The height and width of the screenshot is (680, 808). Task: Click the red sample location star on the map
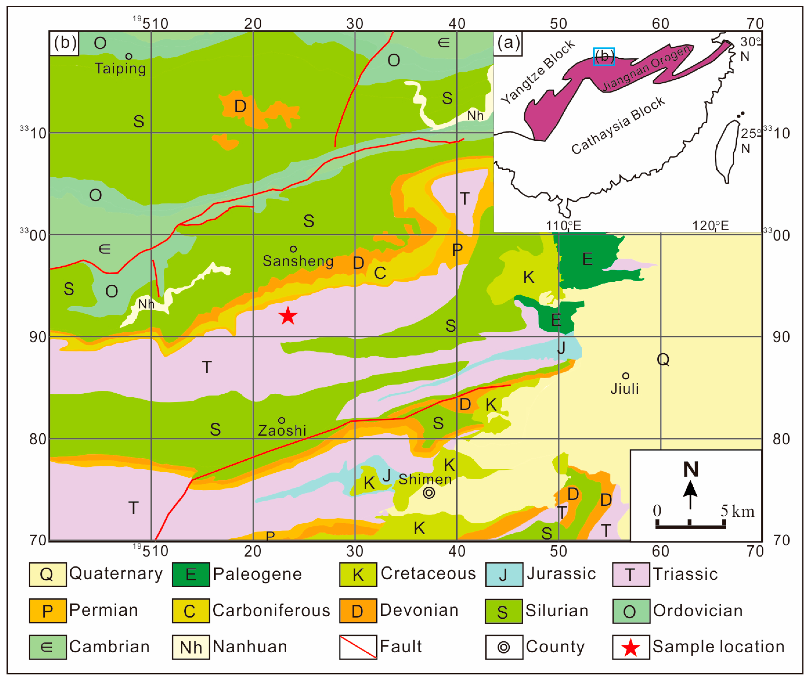[x=288, y=316]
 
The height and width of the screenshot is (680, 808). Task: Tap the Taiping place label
[x=120, y=69]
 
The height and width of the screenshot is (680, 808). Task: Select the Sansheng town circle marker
[x=293, y=249]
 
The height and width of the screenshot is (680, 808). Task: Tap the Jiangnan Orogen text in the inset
[x=646, y=69]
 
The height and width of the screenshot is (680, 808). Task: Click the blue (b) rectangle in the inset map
[x=604, y=57]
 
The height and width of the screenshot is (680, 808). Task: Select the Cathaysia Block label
[x=618, y=125]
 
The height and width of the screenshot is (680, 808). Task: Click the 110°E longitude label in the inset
[x=563, y=225]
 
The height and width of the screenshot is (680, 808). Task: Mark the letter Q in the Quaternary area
[x=663, y=359]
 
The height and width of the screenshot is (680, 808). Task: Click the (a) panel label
[x=508, y=42]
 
